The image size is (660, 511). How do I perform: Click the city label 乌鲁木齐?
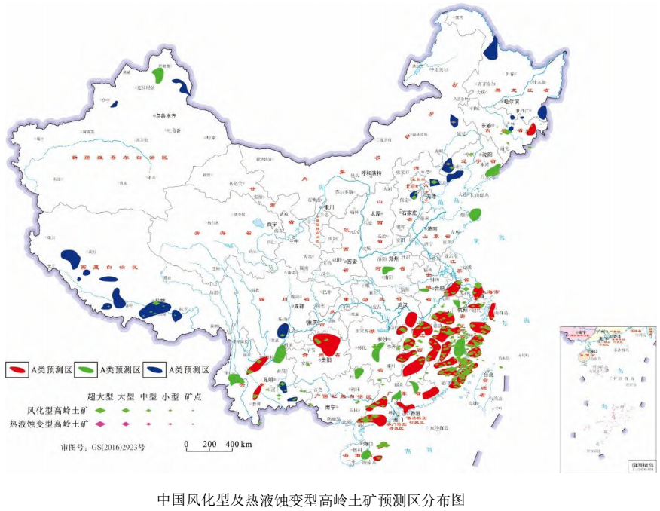[x=165, y=117]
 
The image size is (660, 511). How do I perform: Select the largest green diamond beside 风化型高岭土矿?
[x=99, y=411]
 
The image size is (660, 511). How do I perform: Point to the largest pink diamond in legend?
[x=99, y=425]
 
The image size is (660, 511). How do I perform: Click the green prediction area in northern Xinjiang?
[x=158, y=75]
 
